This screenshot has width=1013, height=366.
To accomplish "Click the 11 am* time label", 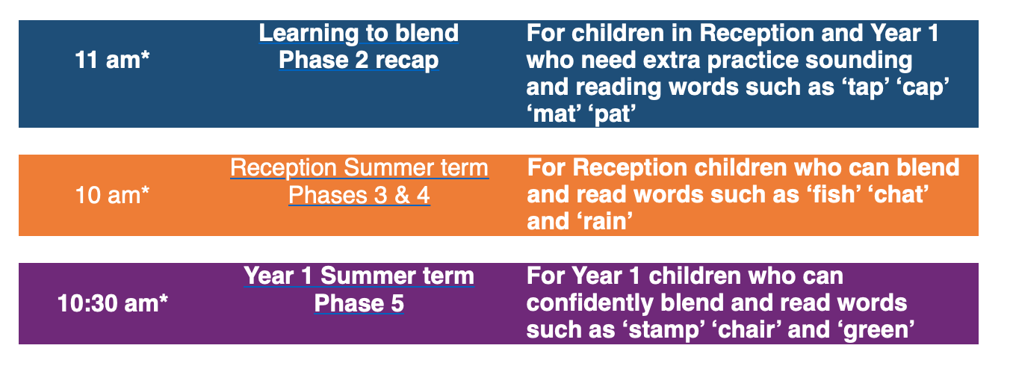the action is [x=112, y=61].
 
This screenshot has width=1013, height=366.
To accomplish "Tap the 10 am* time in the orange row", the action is [x=112, y=196].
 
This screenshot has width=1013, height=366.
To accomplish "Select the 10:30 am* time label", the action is [x=113, y=303].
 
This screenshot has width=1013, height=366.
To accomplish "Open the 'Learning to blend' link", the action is [x=359, y=34].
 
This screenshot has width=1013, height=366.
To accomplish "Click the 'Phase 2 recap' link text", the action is [x=359, y=61].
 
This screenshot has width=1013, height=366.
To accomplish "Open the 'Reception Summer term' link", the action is [x=359, y=168].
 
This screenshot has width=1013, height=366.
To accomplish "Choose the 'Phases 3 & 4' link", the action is [x=359, y=196].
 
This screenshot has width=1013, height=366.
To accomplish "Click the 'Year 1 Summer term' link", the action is [x=359, y=276].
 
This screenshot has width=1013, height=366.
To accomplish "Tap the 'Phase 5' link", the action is [x=359, y=303].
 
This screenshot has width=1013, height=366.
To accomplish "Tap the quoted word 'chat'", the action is [x=898, y=195].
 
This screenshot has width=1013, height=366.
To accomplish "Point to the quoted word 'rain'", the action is [x=604, y=222].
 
